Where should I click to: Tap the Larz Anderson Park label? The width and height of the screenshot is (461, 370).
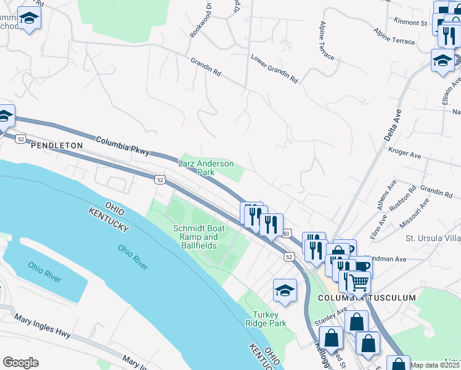(206, 168)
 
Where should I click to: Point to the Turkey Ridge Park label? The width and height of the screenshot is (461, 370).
(266, 318)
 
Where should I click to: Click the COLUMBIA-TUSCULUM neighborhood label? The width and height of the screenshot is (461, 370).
(367, 298)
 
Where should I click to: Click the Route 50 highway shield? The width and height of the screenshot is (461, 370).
(287, 233)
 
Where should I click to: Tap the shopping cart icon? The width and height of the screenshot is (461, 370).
(358, 282)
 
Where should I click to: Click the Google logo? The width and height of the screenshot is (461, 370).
(20, 363)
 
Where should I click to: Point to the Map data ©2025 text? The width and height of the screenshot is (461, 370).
(435, 365)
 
